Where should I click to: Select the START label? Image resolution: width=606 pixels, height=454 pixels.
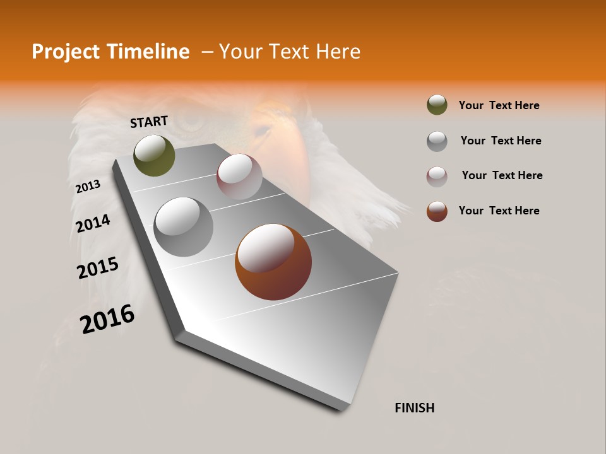click(x=149, y=122)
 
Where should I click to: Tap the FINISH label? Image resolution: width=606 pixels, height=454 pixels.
click(x=414, y=408)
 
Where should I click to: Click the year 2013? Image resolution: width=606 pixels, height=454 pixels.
click(x=88, y=187)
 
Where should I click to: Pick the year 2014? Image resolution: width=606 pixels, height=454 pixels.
click(x=93, y=224)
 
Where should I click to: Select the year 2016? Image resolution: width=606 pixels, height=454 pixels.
click(x=107, y=319)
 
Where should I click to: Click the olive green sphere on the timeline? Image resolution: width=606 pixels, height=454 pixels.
click(x=155, y=156)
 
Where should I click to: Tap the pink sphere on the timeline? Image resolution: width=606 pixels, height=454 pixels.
click(x=239, y=177)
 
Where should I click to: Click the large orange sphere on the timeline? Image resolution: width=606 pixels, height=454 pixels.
click(x=273, y=262)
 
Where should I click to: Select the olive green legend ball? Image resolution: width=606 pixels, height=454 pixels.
click(x=437, y=105)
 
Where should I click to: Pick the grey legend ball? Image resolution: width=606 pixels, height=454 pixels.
click(x=437, y=141)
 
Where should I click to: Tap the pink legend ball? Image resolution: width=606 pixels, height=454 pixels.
click(x=437, y=176)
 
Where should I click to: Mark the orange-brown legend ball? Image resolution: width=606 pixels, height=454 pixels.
click(x=437, y=211)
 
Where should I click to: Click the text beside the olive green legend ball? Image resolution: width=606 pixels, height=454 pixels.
click(x=499, y=105)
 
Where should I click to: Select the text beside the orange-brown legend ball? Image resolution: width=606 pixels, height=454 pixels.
click(x=499, y=211)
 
